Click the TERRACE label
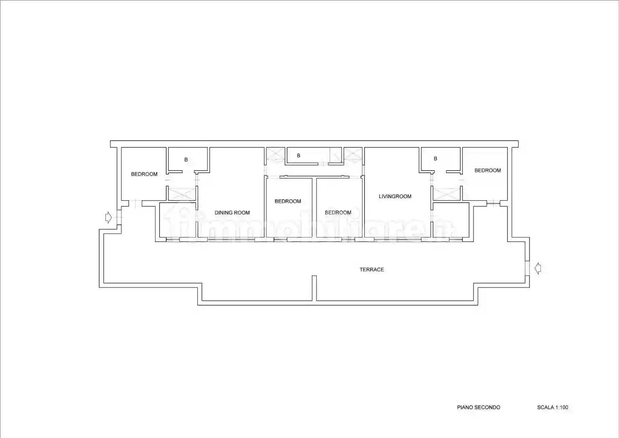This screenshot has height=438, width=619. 372,269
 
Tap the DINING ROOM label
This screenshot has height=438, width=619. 232,213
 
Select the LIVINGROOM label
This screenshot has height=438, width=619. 395,196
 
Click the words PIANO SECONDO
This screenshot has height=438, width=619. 479,407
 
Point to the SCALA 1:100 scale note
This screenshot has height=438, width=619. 553,407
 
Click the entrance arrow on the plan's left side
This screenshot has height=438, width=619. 108,217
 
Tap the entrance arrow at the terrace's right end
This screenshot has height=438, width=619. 538,268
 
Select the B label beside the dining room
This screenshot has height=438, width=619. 186,159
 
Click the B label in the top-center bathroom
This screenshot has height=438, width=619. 298,156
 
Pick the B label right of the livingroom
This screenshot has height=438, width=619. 436,159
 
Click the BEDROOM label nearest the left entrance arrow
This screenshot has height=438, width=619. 144,174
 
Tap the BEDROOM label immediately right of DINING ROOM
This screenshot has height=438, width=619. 288,201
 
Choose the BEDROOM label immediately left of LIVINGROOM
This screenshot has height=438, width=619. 338,213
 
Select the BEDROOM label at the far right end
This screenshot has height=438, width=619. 488,170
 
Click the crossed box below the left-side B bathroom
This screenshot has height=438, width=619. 182,194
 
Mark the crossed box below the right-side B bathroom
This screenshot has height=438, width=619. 446,194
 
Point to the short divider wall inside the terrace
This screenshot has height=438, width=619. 314,288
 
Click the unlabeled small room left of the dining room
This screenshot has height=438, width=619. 178,220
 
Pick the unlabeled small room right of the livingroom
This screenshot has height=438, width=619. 451,220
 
